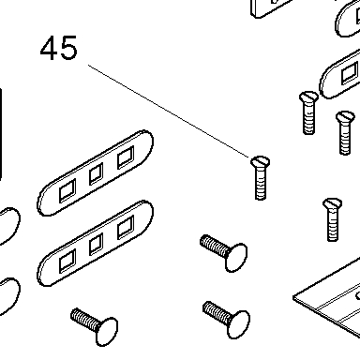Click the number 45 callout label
pos(58,48)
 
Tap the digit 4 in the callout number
pos(49,48)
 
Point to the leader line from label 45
pos(169,112)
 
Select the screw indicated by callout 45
pos(261,177)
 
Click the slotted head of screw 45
pos(261,161)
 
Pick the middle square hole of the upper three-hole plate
pos(96,174)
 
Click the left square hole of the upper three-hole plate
pos(67,190)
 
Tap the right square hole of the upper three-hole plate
pos(126,157)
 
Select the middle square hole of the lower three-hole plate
pos(96,244)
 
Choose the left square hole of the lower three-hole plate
pos(67,261)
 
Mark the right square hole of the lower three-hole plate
pos(126,227)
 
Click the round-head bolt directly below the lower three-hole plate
pos(95,326)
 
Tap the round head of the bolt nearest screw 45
pos(236,258)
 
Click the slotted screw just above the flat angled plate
pos(333,219)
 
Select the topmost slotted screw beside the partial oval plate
pos(308,112)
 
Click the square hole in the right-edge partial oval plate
pos(350,73)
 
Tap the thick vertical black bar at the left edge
pos(1,134)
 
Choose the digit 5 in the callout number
pos(68,48)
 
